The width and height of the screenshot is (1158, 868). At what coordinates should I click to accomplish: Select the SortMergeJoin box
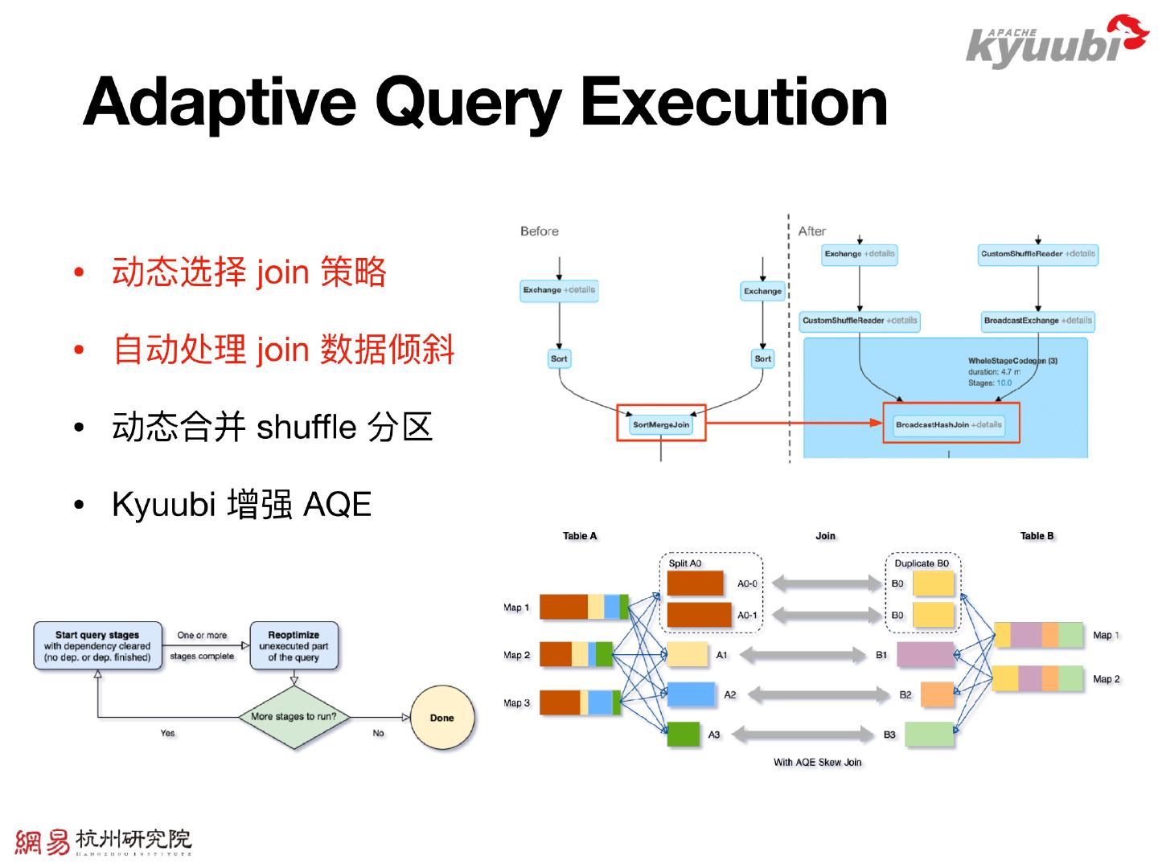pyautogui.click(x=660, y=424)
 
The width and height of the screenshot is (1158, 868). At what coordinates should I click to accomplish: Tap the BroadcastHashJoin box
pyautogui.click(x=950, y=424)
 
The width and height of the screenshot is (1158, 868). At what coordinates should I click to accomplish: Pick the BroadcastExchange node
pyautogui.click(x=1037, y=321)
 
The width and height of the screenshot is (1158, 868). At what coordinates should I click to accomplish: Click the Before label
pyautogui.click(x=539, y=231)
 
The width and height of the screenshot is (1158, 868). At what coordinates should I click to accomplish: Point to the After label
pyautogui.click(x=811, y=231)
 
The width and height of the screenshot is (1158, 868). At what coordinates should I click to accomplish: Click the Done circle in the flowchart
pyautogui.click(x=441, y=718)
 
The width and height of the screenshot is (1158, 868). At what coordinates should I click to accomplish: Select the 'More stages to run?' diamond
pyautogui.click(x=294, y=716)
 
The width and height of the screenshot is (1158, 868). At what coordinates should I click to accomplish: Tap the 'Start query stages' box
pyautogui.click(x=97, y=646)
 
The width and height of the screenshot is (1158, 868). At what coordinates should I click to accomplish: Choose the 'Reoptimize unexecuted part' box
pyautogui.click(x=294, y=646)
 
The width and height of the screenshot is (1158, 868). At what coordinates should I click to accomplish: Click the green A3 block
pyautogui.click(x=683, y=735)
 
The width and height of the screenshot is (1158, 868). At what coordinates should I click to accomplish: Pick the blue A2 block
pyautogui.click(x=691, y=694)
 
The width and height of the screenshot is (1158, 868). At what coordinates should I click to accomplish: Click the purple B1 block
pyautogui.click(x=925, y=655)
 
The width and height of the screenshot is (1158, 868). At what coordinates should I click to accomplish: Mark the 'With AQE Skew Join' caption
pyautogui.click(x=817, y=762)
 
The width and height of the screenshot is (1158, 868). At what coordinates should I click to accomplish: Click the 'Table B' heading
pyautogui.click(x=1037, y=536)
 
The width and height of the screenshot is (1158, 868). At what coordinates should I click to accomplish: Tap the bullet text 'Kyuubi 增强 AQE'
pyautogui.click(x=241, y=505)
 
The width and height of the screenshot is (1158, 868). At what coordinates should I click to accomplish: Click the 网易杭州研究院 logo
pyautogui.click(x=103, y=841)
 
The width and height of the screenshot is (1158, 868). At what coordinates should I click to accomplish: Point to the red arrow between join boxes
pyautogui.click(x=792, y=424)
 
